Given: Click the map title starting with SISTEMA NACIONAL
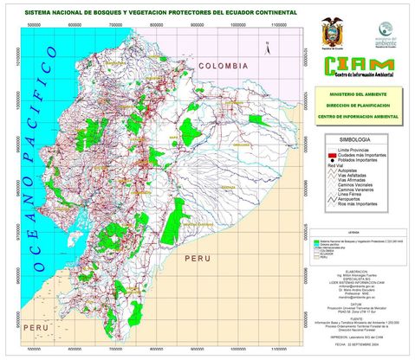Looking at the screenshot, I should click(x=159, y=14).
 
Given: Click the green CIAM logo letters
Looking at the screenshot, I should click(x=358, y=66).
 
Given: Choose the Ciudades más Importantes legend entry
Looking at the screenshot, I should click(x=364, y=155).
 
